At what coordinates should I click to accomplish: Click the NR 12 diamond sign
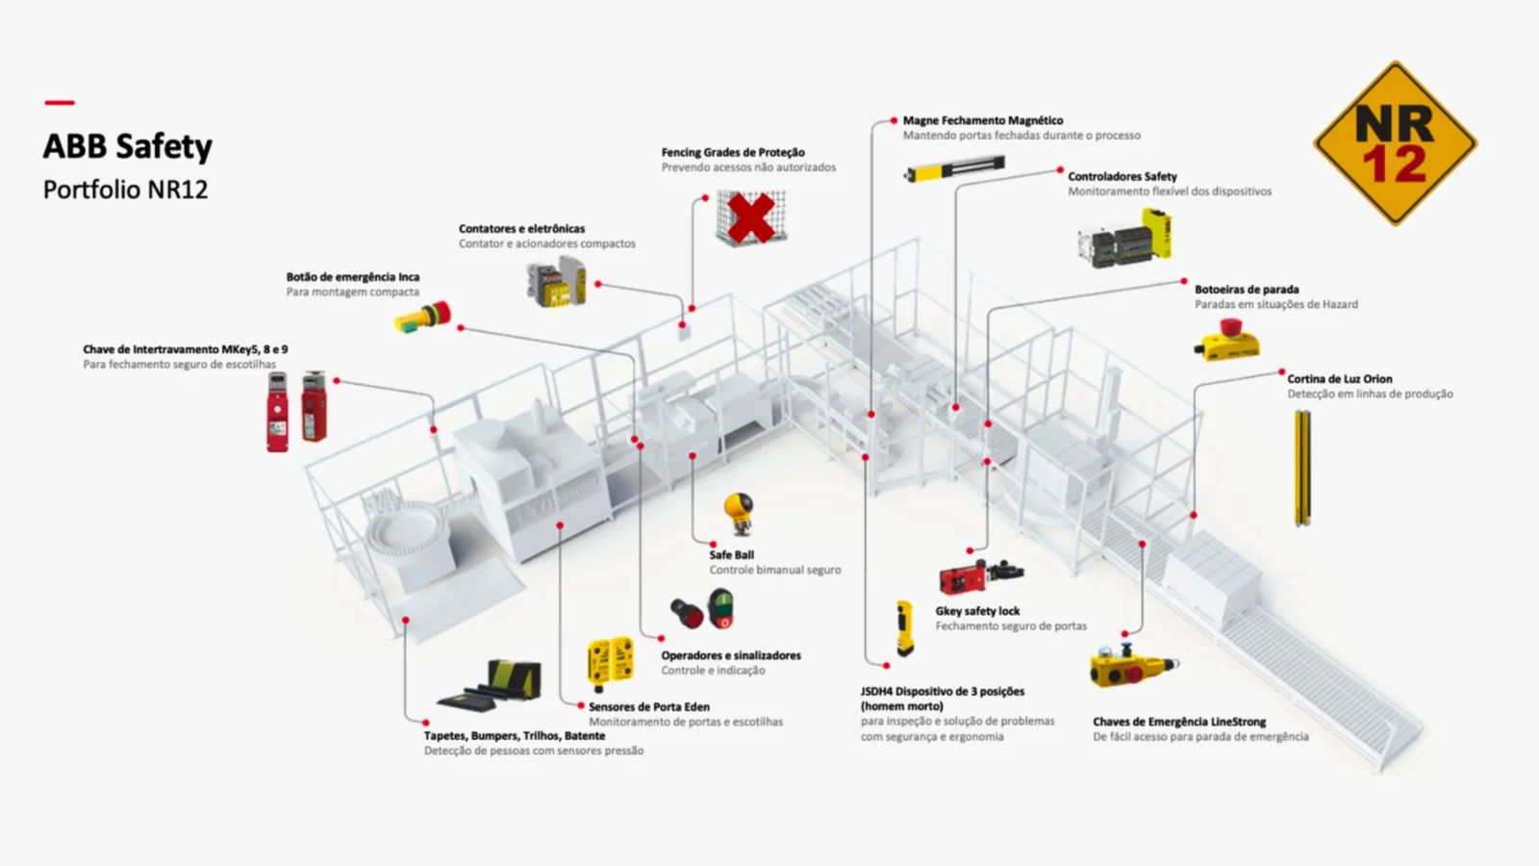[x=1395, y=144]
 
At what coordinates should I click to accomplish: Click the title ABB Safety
[x=127, y=146]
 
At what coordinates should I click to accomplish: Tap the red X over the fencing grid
[x=751, y=217]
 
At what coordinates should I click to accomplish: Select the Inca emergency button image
[x=423, y=317]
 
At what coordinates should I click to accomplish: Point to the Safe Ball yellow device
[x=739, y=512]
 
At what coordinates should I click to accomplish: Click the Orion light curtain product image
[x=1302, y=468]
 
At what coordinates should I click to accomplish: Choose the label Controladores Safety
[x=1122, y=176]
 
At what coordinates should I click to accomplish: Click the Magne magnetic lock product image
[x=954, y=169]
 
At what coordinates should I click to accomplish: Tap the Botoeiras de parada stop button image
[x=1227, y=341]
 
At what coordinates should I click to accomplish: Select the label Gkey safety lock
[x=977, y=611]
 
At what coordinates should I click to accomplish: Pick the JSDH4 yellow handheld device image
[x=904, y=627]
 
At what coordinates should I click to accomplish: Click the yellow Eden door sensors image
[x=610, y=663]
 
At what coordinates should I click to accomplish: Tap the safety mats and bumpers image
[x=492, y=685]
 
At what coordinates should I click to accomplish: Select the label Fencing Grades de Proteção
[x=733, y=152]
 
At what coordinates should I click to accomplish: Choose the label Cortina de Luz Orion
[x=1339, y=379]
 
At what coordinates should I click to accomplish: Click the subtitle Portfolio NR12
[x=125, y=190]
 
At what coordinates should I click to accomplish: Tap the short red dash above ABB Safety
[x=60, y=102]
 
